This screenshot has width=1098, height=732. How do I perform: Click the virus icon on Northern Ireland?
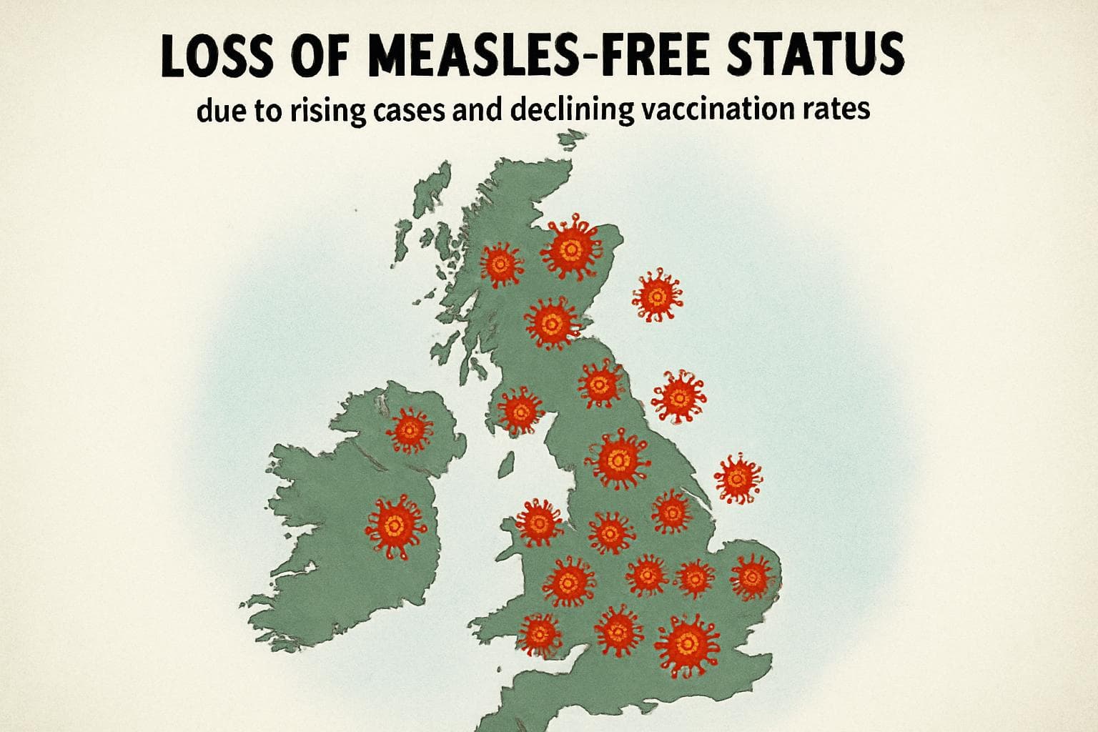[x=410, y=430]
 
